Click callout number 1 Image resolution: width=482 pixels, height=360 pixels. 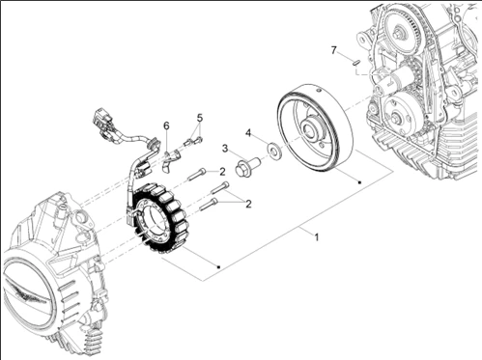pyautogui.click(x=317, y=237)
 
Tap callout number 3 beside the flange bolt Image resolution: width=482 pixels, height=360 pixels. pyautogui.click(x=225, y=149)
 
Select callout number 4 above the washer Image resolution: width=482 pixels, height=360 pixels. pyautogui.click(x=248, y=132)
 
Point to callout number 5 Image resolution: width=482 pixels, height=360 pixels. pyautogui.click(x=200, y=118)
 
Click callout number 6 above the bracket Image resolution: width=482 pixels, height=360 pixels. pyautogui.click(x=166, y=125)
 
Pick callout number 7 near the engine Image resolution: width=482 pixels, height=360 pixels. pyautogui.click(x=333, y=50)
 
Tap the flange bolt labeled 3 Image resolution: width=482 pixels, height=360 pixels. pyautogui.click(x=247, y=165)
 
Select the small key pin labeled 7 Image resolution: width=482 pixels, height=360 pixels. pyautogui.click(x=355, y=63)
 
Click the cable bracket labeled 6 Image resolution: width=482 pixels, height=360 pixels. pyautogui.click(x=171, y=158)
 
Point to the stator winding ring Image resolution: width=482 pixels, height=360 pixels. pyautogui.click(x=156, y=219)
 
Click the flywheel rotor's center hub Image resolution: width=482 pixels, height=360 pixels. pyautogui.click(x=310, y=130)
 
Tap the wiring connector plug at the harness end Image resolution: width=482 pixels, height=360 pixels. pyautogui.click(x=103, y=123)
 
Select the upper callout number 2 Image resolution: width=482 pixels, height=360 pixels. pyautogui.click(x=222, y=172)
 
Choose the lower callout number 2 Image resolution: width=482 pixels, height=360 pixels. pyautogui.click(x=248, y=204)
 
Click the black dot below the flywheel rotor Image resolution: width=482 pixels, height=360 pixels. pyautogui.click(x=359, y=182)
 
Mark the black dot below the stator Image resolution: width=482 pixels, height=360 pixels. pyautogui.click(x=218, y=267)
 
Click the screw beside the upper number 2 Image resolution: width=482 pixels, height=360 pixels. pyautogui.click(x=196, y=174)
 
